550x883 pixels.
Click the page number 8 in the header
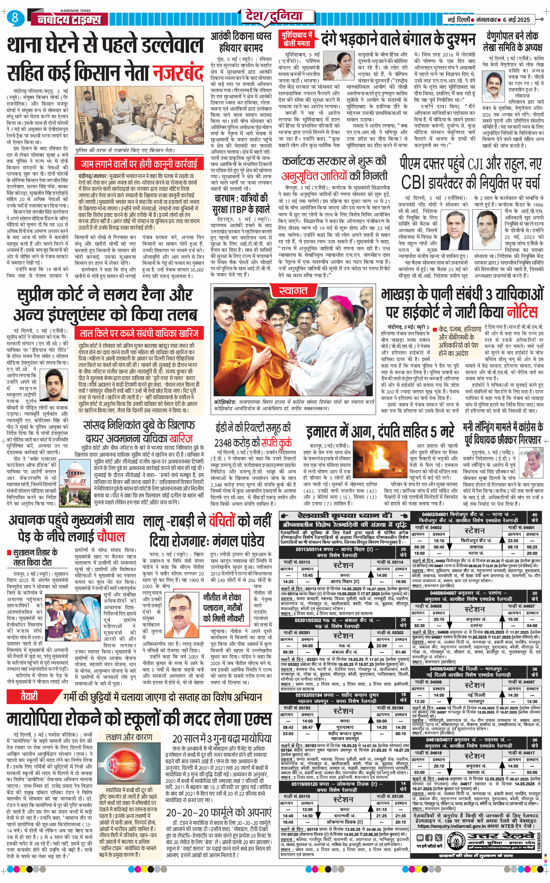(x=15, y=18)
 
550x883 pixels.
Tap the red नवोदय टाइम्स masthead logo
(x=69, y=20)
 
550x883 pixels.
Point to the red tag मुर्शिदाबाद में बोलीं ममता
(x=297, y=39)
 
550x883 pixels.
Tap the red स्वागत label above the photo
(x=293, y=291)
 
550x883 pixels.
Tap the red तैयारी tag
(x=30, y=696)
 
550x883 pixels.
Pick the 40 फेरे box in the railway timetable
(x=535, y=517)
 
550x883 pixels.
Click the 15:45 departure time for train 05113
(x=308, y=575)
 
